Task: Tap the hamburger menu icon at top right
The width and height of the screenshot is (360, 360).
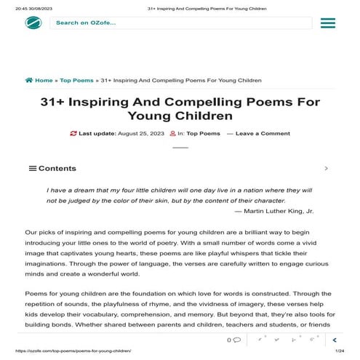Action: tap(327, 23)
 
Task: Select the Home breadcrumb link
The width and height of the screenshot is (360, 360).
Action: tap(39, 80)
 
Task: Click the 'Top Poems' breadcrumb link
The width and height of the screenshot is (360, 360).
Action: tap(76, 80)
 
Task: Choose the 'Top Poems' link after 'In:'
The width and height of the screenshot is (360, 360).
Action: tap(203, 134)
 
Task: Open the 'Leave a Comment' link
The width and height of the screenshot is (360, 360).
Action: tap(263, 134)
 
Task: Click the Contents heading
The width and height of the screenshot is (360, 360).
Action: tap(57, 168)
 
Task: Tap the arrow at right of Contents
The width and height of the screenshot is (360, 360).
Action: tap(326, 168)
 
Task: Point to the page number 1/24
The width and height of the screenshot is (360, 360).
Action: tap(339, 351)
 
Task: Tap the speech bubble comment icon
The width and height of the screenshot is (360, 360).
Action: tap(238, 340)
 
